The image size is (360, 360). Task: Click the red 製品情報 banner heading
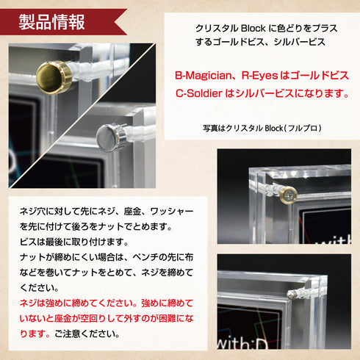tap(51, 21)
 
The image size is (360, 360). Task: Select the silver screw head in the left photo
tap(110, 137)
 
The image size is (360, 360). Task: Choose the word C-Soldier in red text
tap(201, 93)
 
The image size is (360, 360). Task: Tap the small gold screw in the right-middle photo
tap(289, 195)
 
